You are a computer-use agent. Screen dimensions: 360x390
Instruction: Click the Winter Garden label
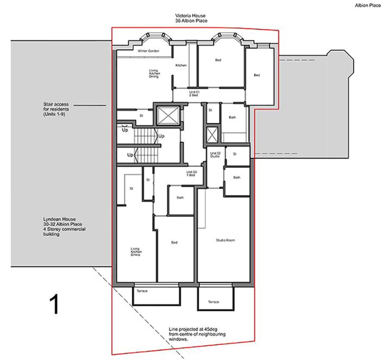coord(148,51)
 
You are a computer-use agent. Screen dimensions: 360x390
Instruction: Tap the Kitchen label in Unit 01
coord(181,65)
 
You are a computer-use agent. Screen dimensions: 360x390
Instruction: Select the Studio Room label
coord(225,240)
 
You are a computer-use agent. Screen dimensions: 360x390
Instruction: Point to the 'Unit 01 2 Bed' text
coord(194,94)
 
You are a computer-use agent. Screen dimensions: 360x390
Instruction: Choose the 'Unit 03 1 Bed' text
coord(191,174)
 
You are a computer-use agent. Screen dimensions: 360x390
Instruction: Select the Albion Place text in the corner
coord(368,6)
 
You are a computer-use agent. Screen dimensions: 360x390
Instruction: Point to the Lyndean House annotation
coord(64,227)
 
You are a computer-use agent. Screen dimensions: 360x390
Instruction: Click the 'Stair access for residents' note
coord(56,108)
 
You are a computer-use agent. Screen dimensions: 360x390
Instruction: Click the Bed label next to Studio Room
coord(174,242)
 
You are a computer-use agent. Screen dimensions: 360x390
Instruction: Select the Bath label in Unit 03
coord(180,198)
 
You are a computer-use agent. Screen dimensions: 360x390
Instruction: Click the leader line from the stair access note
coord(90,105)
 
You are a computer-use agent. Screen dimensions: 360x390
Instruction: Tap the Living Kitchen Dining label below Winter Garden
coord(154,73)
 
